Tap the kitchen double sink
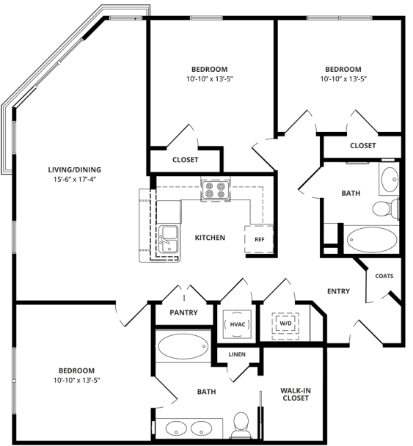click(169, 239)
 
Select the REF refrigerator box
click(259, 239)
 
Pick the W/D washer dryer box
click(284, 323)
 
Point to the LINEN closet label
click(236, 355)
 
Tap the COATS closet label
click(384, 276)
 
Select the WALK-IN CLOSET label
click(294, 394)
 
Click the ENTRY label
click(338, 291)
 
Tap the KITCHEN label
click(209, 238)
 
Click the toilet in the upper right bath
click(384, 209)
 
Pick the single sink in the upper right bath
click(388, 178)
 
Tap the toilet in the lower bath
click(239, 425)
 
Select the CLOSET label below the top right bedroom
click(362, 145)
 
